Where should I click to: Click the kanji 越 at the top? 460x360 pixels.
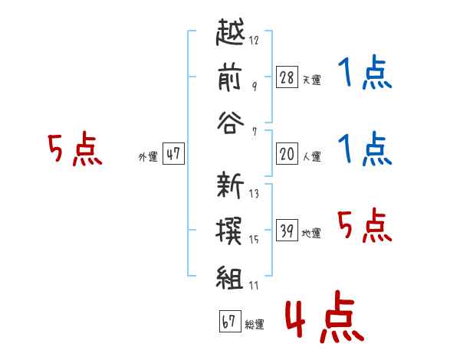(x=230, y=31)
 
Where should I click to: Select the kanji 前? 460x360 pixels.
(x=230, y=77)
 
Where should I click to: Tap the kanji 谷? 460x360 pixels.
(x=230, y=123)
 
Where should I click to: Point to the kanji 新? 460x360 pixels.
(x=230, y=185)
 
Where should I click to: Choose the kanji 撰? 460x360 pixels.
(x=228, y=231)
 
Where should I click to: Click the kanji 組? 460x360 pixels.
(x=230, y=277)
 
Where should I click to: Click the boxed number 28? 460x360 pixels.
(x=287, y=77)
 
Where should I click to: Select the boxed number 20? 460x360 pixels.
(x=287, y=154)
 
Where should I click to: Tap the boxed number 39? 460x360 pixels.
(x=287, y=230)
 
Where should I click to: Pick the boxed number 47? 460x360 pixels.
(x=173, y=153)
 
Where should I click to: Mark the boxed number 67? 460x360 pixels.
(x=230, y=321)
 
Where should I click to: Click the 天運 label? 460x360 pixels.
(x=312, y=80)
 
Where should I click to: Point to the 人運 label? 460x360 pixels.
(x=312, y=156)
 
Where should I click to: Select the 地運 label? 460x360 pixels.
(x=311, y=233)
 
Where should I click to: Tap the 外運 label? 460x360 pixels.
(x=148, y=157)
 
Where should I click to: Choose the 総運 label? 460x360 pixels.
(x=255, y=324)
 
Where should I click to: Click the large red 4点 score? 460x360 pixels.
(x=325, y=316)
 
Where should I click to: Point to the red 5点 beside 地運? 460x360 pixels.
(x=365, y=225)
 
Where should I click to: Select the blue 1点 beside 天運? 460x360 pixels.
(x=365, y=72)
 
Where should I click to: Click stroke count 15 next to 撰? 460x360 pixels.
(x=254, y=240)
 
